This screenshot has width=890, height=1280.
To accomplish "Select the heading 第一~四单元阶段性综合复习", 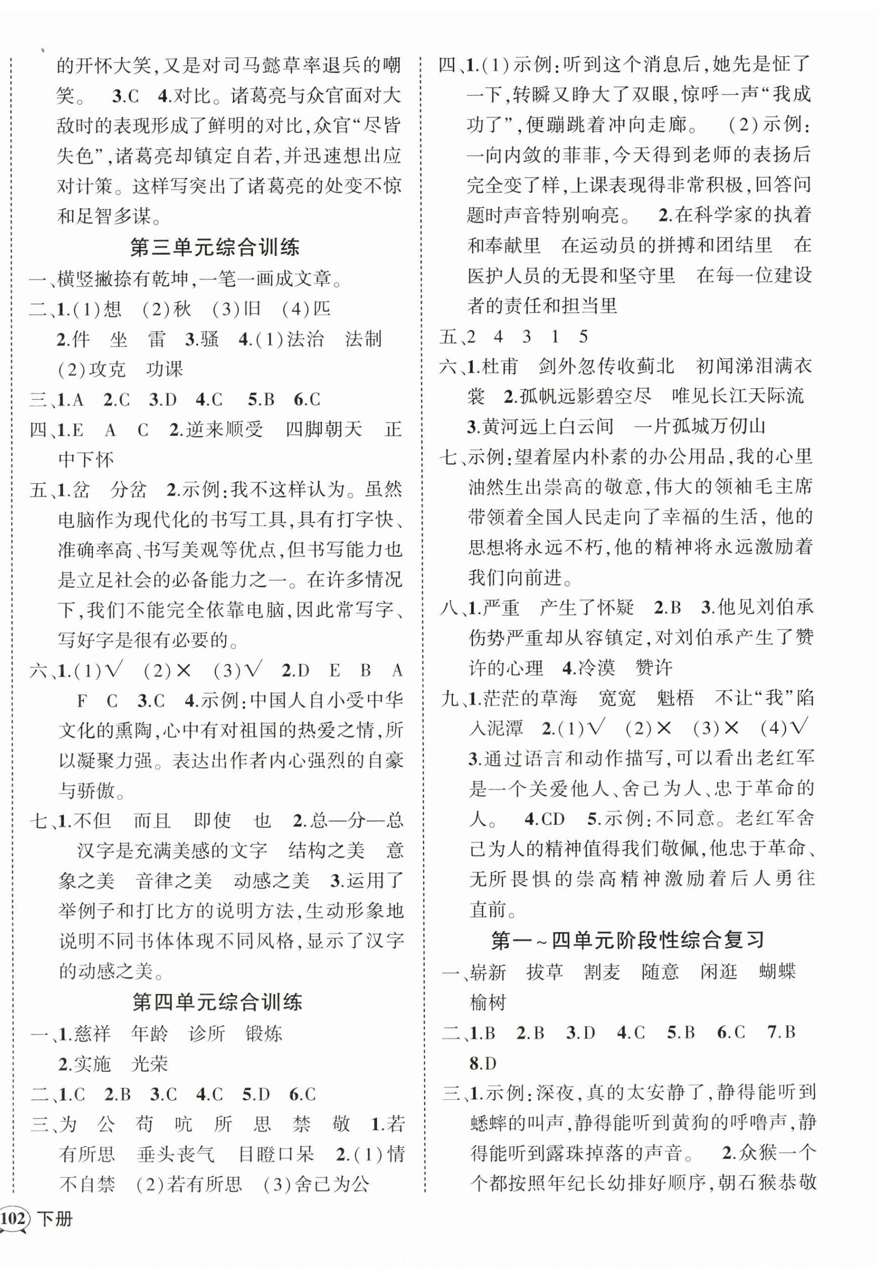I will coord(627,940).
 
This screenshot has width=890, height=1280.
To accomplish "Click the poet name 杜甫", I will coord(500,366).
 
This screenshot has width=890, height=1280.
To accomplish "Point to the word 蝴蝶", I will coord(777,972).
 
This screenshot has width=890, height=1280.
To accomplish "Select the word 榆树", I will coord(487,1002).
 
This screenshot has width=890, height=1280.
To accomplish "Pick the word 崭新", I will coord(487,972).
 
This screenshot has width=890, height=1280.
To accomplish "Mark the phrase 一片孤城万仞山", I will coord(699,427).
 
